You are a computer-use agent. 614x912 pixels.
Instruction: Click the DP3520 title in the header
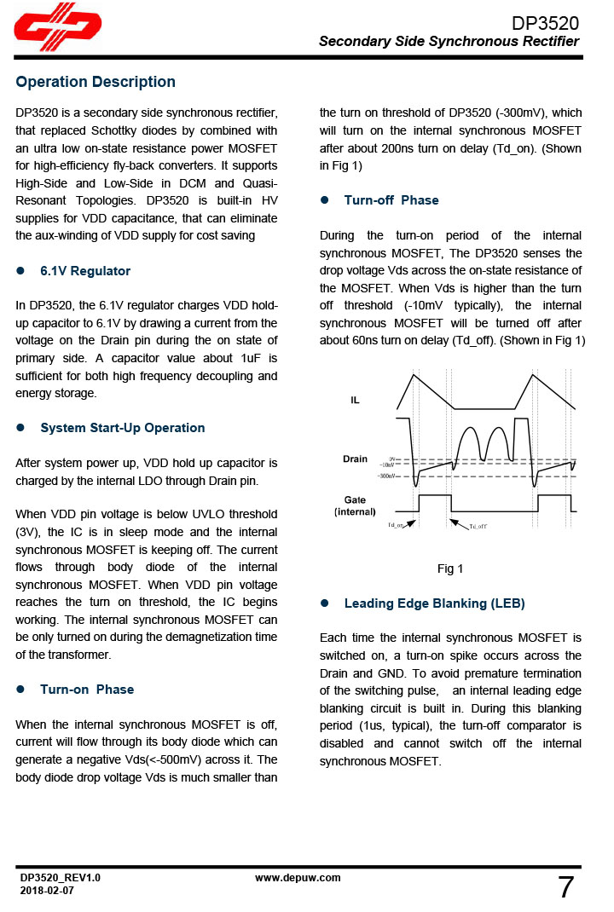point(545,23)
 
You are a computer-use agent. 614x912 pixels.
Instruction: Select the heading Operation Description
point(96,82)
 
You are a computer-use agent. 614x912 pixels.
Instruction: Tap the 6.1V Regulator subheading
point(85,271)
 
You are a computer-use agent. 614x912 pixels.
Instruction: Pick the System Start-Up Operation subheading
point(123,428)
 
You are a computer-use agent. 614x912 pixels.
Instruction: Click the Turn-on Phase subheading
point(87,690)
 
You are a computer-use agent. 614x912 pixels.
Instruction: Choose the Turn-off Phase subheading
point(391,200)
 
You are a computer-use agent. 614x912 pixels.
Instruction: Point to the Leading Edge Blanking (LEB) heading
point(434,603)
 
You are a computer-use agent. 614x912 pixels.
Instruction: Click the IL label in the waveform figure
point(355,400)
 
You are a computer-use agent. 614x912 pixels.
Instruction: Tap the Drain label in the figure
point(355,459)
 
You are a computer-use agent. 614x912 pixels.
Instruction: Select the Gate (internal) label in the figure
point(355,505)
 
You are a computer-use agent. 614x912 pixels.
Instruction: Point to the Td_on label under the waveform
point(397,526)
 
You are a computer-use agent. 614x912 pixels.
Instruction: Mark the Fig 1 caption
point(450,569)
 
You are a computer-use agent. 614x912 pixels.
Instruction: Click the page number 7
point(566,888)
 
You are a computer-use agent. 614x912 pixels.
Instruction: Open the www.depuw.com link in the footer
point(298,878)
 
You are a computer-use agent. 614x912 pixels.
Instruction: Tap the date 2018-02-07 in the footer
point(47,890)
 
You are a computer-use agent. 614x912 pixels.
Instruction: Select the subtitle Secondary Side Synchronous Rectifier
point(449,42)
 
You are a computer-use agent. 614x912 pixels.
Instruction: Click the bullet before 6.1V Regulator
point(20,271)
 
